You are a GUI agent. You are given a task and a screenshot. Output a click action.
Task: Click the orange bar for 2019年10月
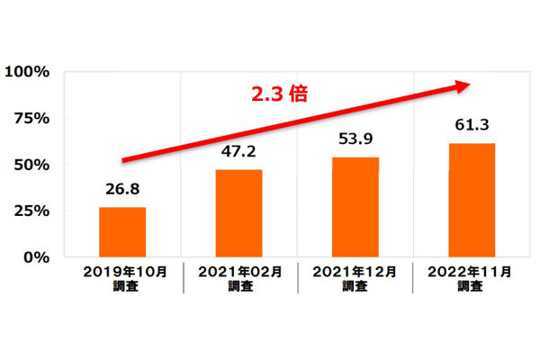(122, 232)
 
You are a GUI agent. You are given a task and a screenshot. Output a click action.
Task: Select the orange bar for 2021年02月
(239, 213)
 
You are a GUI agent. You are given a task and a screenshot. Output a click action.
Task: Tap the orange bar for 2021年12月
(355, 207)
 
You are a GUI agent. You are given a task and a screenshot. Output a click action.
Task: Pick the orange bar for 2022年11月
(472, 200)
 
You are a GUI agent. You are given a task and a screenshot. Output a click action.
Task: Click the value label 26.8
(122, 190)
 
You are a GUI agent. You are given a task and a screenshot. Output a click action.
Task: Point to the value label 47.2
(239, 151)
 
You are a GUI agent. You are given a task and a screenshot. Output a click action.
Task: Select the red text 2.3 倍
(279, 94)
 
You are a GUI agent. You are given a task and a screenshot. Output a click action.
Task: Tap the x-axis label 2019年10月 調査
(122, 278)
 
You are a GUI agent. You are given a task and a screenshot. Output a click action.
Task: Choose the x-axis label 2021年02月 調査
(239, 278)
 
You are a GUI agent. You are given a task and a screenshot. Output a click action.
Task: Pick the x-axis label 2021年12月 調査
(355, 278)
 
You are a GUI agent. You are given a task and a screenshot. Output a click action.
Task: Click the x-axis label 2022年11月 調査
(472, 278)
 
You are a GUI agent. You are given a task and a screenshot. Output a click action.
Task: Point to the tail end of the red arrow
(123, 161)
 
